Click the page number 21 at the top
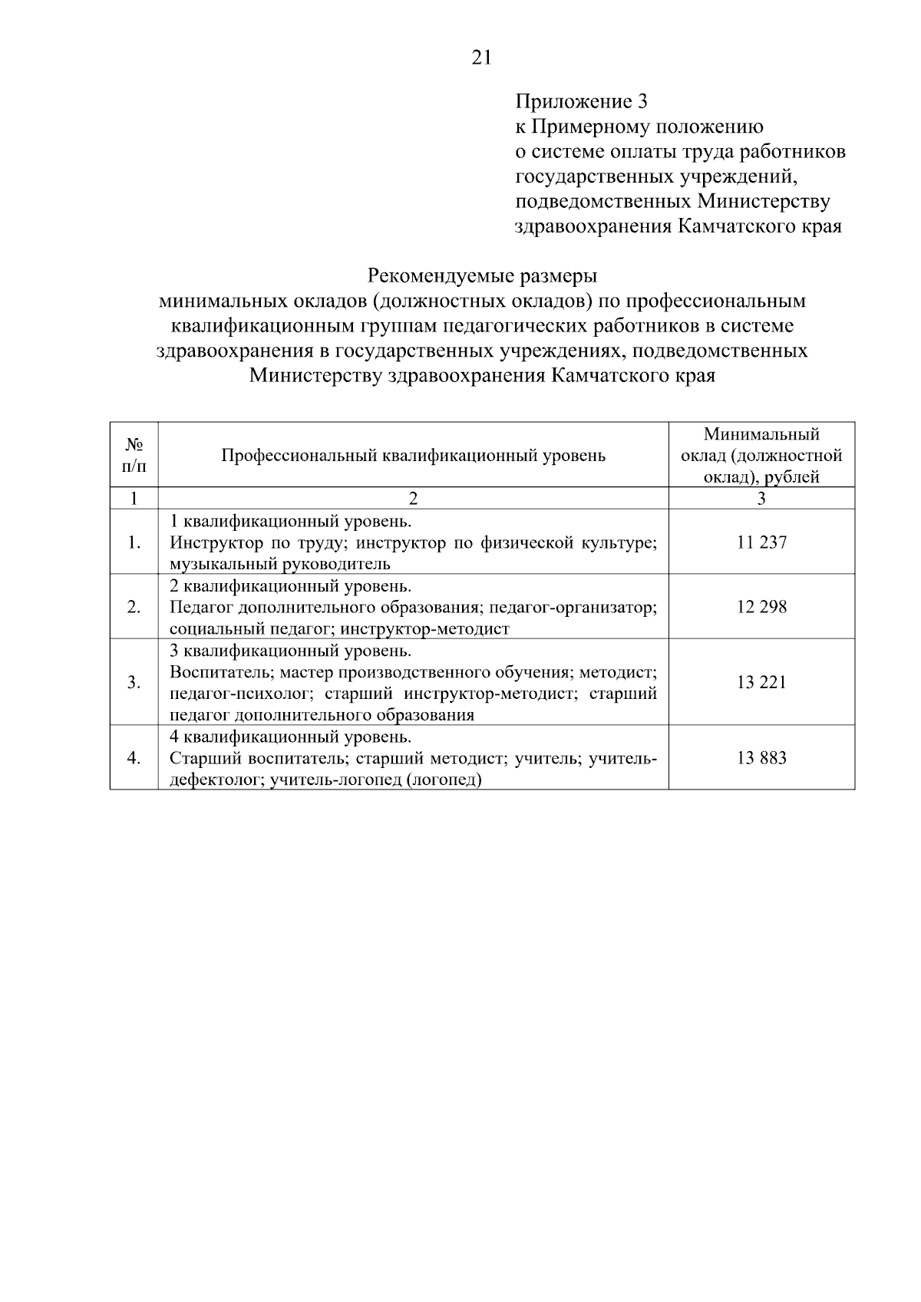click(x=481, y=58)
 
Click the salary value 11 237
click(x=761, y=542)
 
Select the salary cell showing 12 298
click(x=761, y=607)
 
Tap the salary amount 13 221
click(x=761, y=682)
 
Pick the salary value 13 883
click(x=761, y=758)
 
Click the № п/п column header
click(x=134, y=455)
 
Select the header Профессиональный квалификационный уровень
click(x=413, y=456)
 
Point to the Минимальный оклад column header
click(x=761, y=456)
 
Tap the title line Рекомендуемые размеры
click(x=482, y=275)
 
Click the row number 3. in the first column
click(x=134, y=682)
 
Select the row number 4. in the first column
click(x=134, y=758)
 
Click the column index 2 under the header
click(x=413, y=499)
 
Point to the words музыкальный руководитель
click(x=280, y=565)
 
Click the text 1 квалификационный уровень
click(x=290, y=522)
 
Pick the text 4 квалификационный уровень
click(x=290, y=737)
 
